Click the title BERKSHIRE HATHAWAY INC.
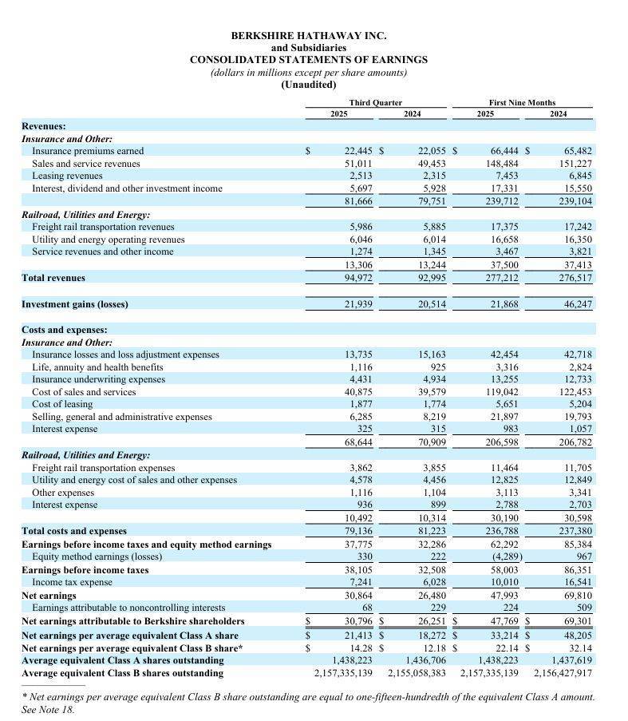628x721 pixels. (309, 36)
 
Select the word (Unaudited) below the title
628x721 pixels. (309, 85)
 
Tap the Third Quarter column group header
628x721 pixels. (375, 102)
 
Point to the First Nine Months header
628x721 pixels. (522, 102)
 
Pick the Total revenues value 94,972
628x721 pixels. (358, 278)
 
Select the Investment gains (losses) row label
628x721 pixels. (74, 304)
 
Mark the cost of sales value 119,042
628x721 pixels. (503, 392)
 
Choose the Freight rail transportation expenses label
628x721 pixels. (103, 468)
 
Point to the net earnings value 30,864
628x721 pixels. (358, 596)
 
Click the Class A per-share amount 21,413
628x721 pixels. (358, 634)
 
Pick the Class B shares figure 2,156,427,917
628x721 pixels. (562, 673)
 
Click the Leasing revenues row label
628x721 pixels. (67, 176)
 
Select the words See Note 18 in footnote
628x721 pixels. (48, 709)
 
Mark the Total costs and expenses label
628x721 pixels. (73, 531)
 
